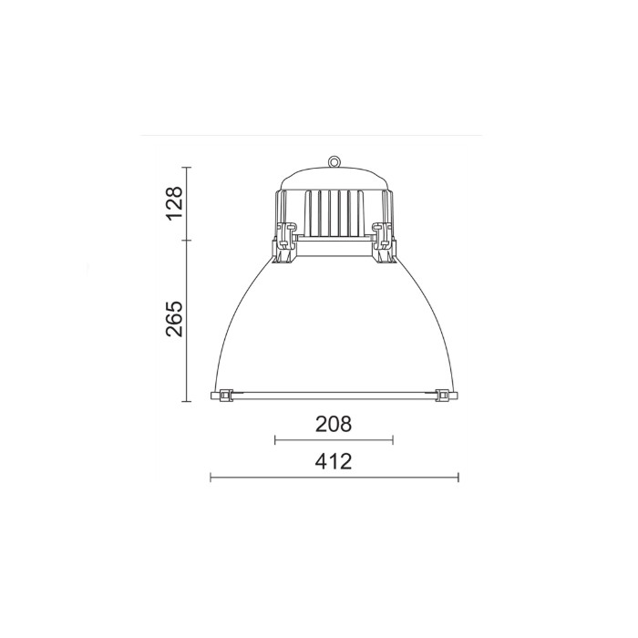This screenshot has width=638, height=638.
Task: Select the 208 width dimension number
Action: (334, 424)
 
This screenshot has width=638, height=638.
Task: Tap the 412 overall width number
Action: (334, 461)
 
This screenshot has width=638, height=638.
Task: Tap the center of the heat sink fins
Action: (334, 211)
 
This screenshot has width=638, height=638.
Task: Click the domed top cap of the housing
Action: (334, 178)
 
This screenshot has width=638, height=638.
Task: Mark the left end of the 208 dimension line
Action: (275, 440)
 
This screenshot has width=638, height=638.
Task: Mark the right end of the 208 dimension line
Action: (393, 440)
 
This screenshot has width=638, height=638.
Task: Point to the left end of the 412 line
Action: (211, 477)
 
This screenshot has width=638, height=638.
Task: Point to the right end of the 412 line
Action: (458, 477)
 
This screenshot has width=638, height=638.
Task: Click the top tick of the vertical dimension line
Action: (187, 168)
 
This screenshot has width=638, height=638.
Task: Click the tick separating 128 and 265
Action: (187, 241)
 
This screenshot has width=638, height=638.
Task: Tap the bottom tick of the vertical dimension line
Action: (187, 401)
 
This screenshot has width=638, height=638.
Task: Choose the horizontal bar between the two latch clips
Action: (334, 246)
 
